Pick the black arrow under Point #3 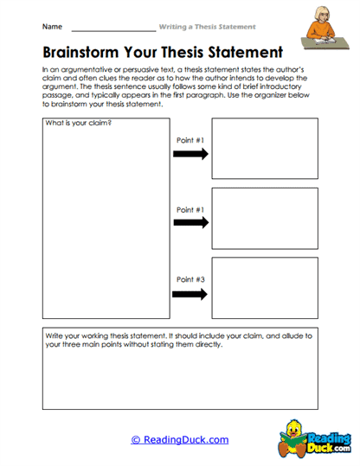coord(190,294)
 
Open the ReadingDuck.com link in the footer coord(185,439)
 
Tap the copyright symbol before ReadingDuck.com coord(136,439)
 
